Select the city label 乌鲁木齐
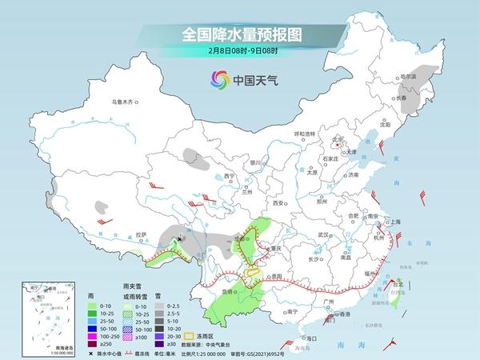point(125,102)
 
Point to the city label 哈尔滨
point(408,76)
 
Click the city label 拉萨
point(142,234)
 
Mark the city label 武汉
point(323,234)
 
